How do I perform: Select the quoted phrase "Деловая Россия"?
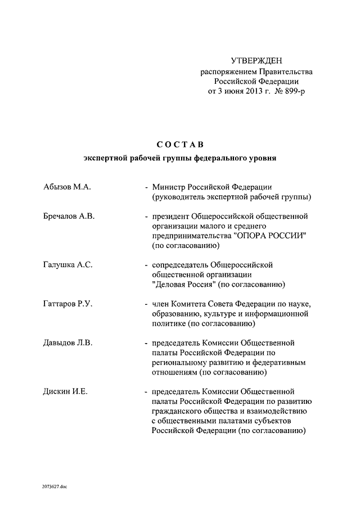(186, 285)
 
